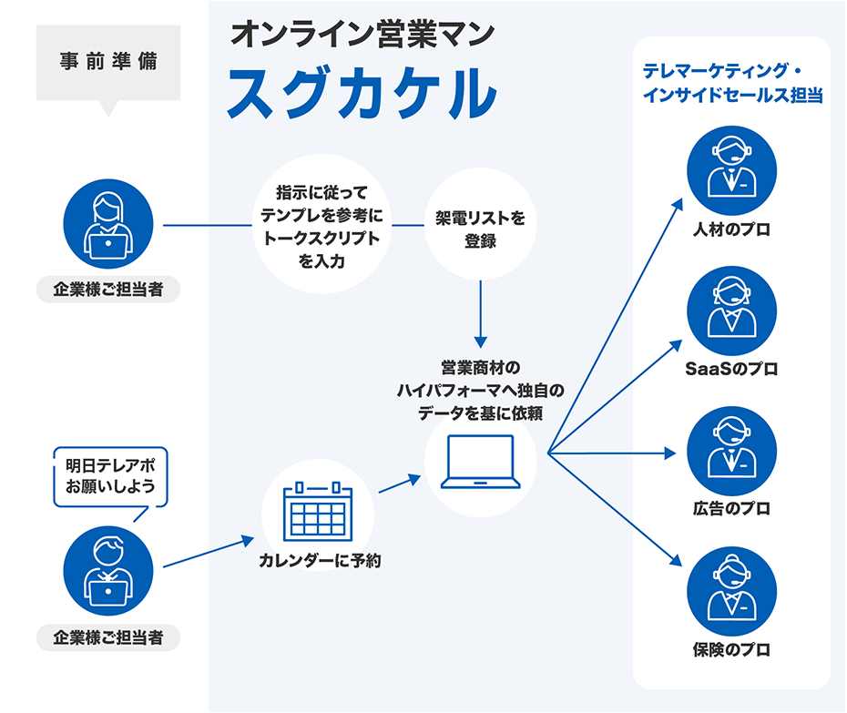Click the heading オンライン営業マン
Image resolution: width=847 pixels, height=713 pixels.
tap(362, 34)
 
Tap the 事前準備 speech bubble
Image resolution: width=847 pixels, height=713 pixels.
tap(107, 64)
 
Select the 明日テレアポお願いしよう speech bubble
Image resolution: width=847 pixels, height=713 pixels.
tap(110, 475)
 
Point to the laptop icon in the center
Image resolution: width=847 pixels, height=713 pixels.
tap(481, 463)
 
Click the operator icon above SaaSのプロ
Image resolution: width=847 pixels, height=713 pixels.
tap(731, 311)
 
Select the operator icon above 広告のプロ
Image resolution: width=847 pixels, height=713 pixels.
tap(731, 450)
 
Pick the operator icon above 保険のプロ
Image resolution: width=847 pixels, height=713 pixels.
tap(731, 590)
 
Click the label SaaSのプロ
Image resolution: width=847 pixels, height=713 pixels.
tap(731, 370)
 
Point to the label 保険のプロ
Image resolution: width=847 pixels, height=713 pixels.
tap(731, 650)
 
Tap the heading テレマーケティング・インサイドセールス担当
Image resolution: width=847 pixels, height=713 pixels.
tap(733, 83)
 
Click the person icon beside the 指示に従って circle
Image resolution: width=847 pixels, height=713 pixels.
tap(108, 224)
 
